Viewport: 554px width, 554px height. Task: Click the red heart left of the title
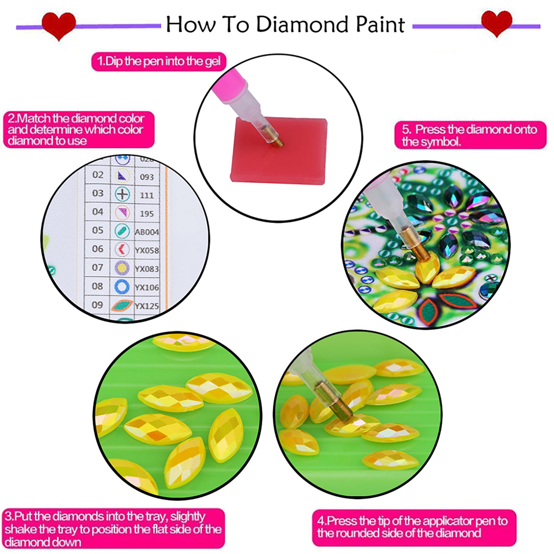[59, 25]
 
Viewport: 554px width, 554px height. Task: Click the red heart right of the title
[496, 23]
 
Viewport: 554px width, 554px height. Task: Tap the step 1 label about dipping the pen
[159, 62]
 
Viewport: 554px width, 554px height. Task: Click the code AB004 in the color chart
[147, 232]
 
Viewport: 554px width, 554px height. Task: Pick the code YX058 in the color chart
[147, 250]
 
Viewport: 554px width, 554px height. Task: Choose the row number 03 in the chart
[98, 193]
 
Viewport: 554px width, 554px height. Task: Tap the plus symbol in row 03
[122, 194]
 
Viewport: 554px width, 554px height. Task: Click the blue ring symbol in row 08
[122, 287]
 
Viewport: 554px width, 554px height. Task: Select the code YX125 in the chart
[147, 306]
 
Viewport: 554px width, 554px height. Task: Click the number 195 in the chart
[147, 214]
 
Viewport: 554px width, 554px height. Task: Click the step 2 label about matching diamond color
[78, 130]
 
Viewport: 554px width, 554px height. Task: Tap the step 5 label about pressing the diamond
[470, 135]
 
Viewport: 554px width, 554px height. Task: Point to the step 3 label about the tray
[113, 529]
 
